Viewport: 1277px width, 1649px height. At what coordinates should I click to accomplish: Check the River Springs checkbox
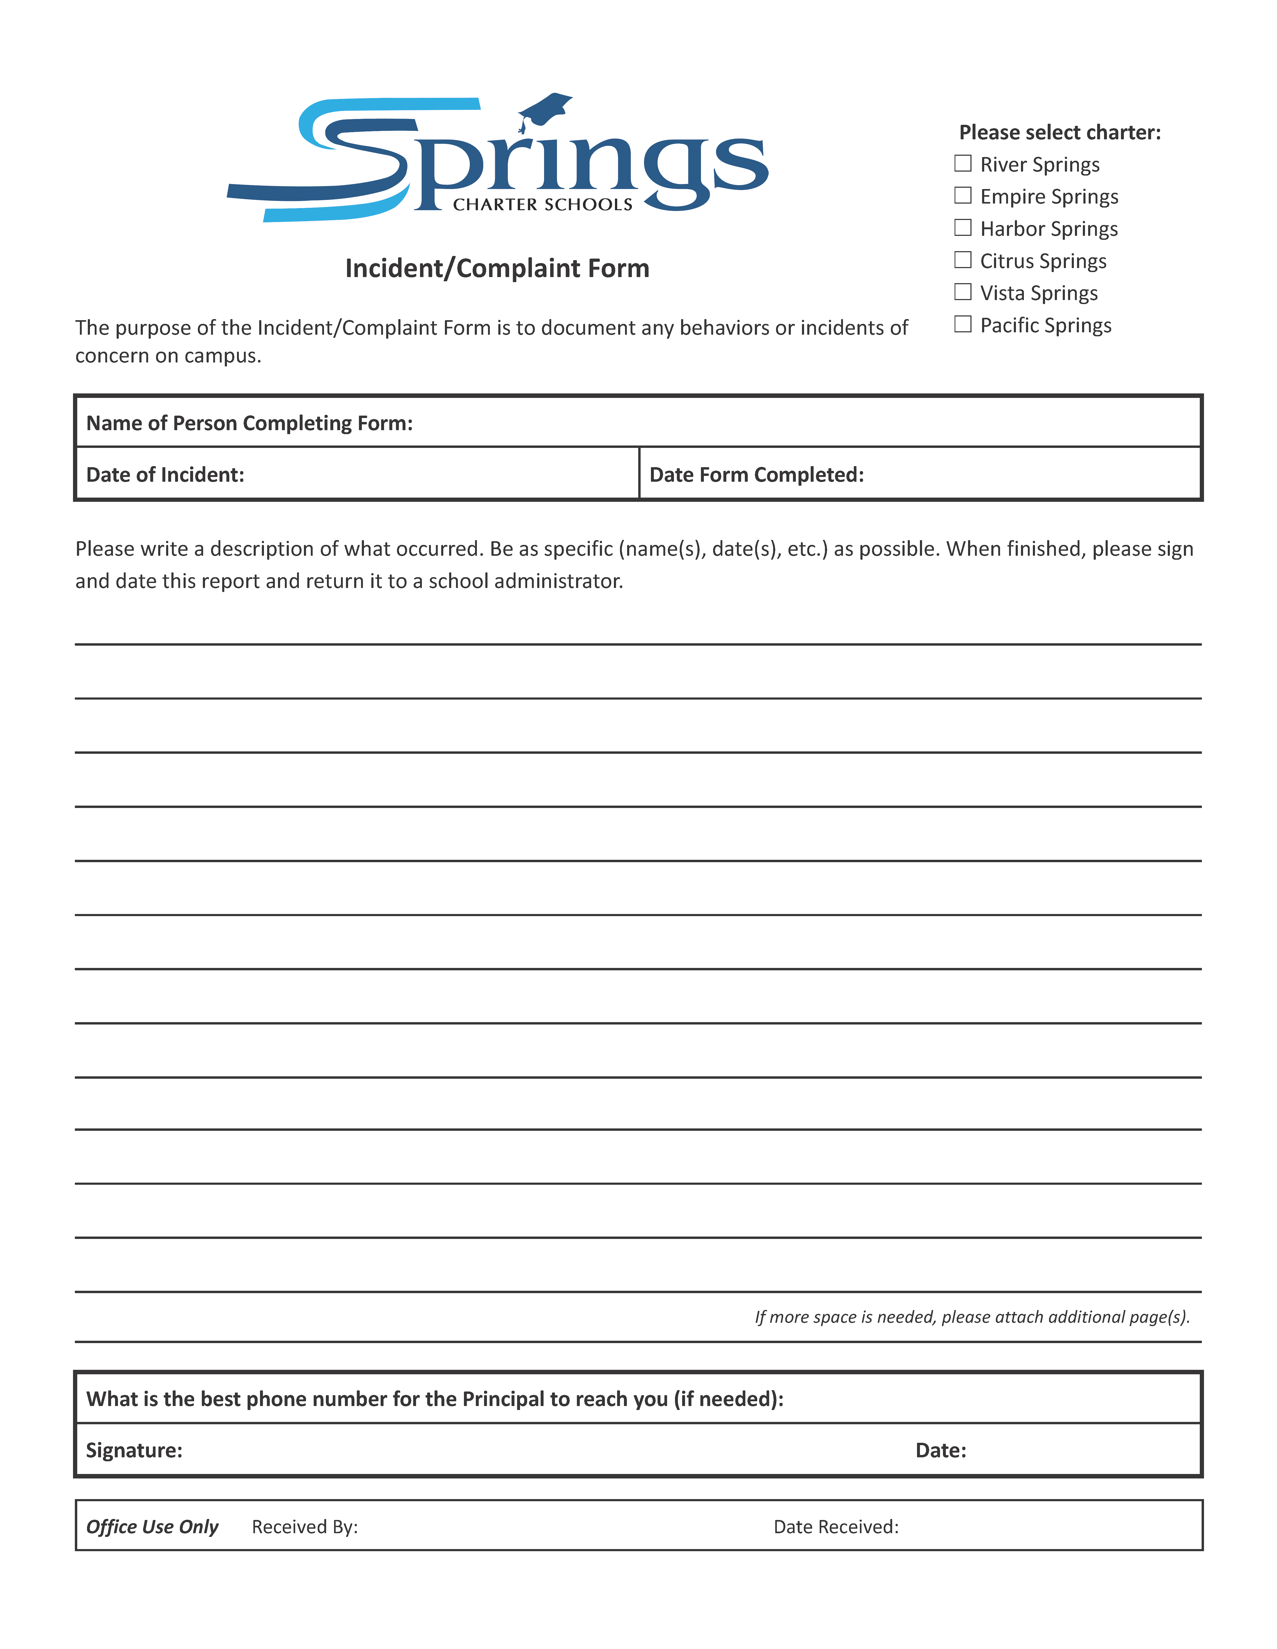tap(963, 163)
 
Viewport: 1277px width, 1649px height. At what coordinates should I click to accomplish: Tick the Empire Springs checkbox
tap(963, 196)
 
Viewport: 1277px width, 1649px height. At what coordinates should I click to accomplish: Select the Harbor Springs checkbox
tap(963, 227)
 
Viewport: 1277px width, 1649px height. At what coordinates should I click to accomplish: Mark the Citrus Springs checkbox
tap(963, 260)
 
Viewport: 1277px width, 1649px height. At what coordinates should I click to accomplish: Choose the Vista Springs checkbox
tap(963, 291)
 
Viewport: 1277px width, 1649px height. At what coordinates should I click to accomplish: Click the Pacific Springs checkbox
tap(963, 324)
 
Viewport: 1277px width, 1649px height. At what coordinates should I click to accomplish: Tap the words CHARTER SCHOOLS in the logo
tap(542, 205)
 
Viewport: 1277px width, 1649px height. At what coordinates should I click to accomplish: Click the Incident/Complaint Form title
tap(497, 268)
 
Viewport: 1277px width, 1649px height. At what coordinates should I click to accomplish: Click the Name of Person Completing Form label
tap(249, 423)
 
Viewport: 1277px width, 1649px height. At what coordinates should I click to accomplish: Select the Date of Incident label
tap(165, 474)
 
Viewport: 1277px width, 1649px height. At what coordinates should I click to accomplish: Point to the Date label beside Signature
tap(940, 1450)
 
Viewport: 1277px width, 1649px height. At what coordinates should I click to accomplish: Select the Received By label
tap(304, 1527)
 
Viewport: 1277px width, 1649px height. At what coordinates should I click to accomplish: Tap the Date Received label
tap(836, 1527)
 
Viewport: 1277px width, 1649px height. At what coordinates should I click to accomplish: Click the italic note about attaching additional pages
tap(972, 1317)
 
